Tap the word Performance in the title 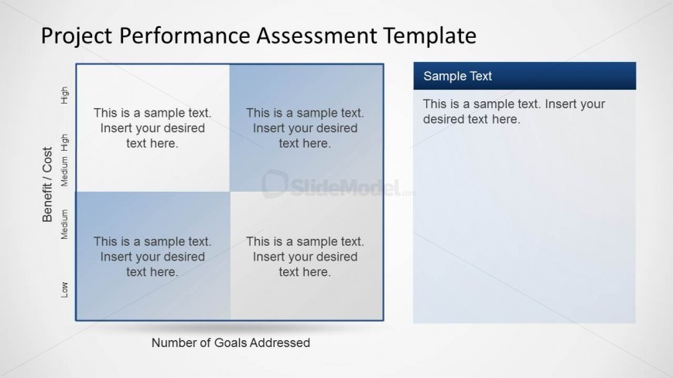pos(185,36)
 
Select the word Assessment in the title pos(316,36)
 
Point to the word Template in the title pos(429,36)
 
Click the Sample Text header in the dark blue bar pos(457,77)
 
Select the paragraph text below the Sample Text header pos(514,111)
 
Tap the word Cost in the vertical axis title pos(46,159)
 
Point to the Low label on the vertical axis pos(64,290)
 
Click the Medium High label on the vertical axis pos(64,160)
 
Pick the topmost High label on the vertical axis pos(64,95)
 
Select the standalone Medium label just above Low pos(64,224)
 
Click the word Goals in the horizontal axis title pos(231,342)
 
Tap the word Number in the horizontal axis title pos(173,342)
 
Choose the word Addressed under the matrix pos(280,342)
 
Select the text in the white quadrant pos(152,128)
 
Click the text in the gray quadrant pos(305,257)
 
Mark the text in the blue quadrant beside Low pos(152,257)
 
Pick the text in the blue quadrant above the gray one pos(305,128)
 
